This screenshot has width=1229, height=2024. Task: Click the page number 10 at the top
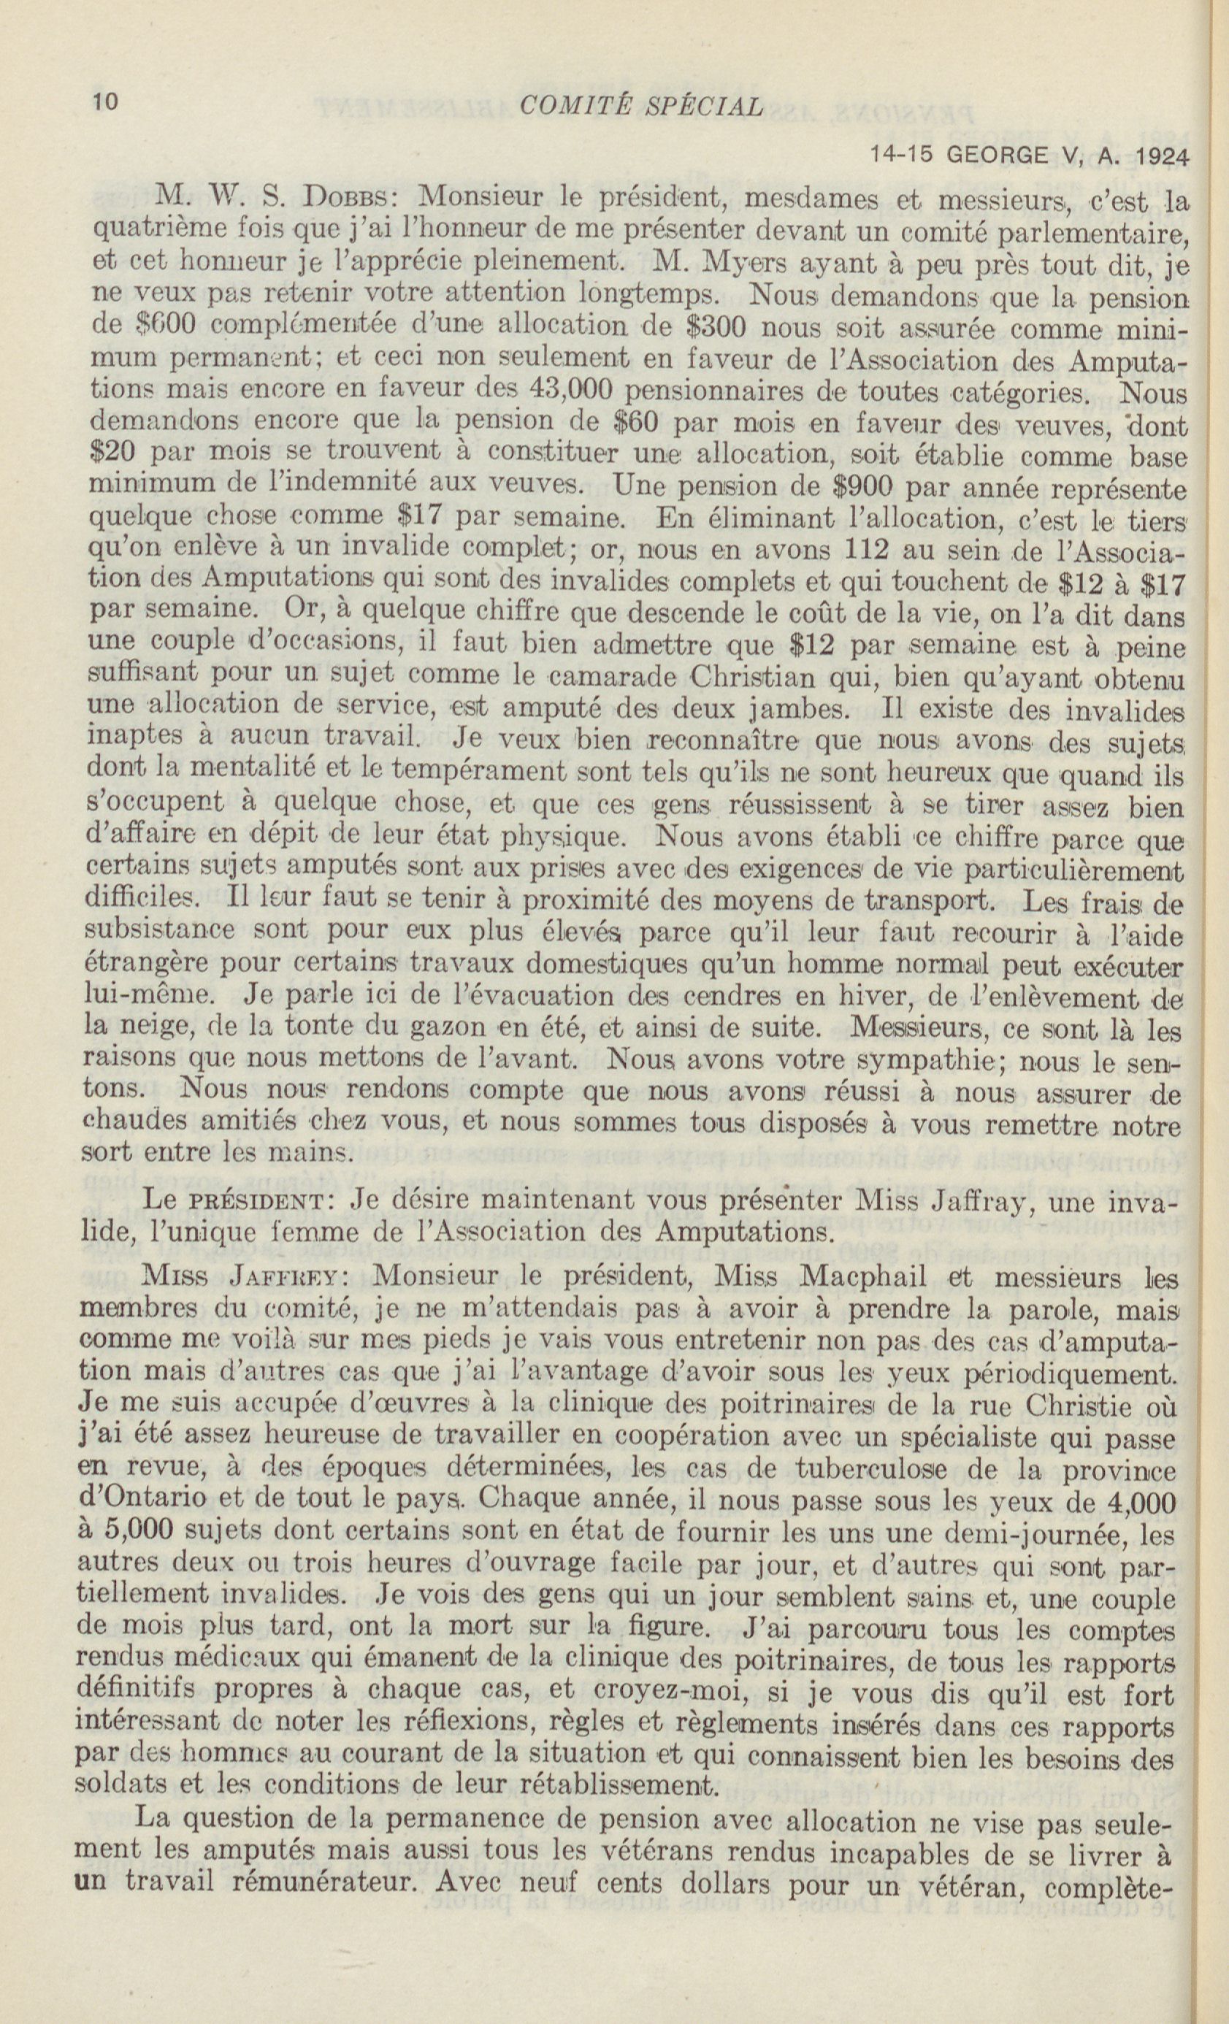106,102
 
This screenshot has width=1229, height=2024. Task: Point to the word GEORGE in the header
1001,156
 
